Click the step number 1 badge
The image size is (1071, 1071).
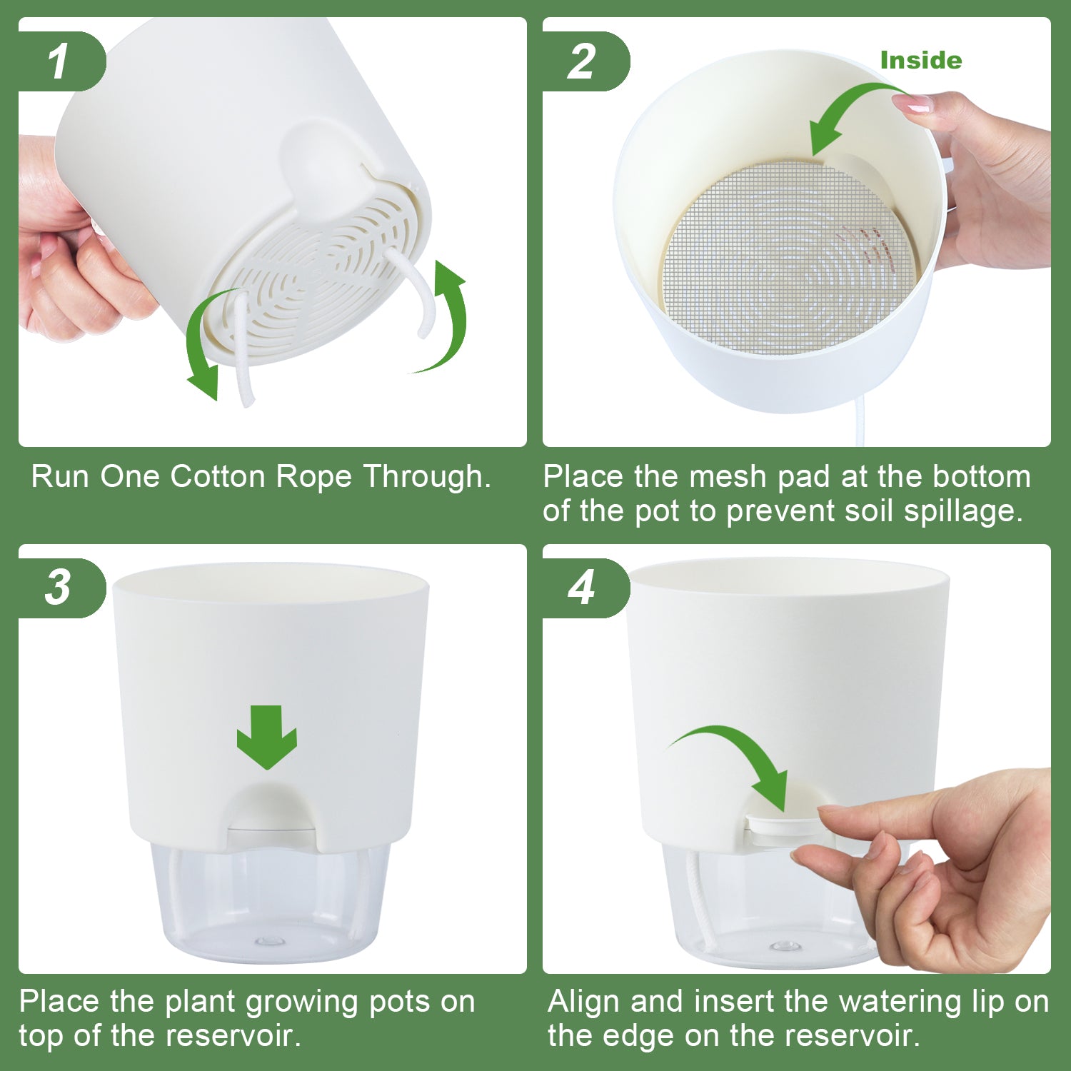tap(59, 61)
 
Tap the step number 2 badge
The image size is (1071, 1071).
tap(582, 61)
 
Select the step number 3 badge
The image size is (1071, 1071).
tap(59, 588)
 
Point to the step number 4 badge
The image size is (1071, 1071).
tap(582, 588)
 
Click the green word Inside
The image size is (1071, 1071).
tap(920, 61)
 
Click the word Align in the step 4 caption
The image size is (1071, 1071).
tap(585, 1001)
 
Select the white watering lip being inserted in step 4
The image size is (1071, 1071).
tap(782, 825)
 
